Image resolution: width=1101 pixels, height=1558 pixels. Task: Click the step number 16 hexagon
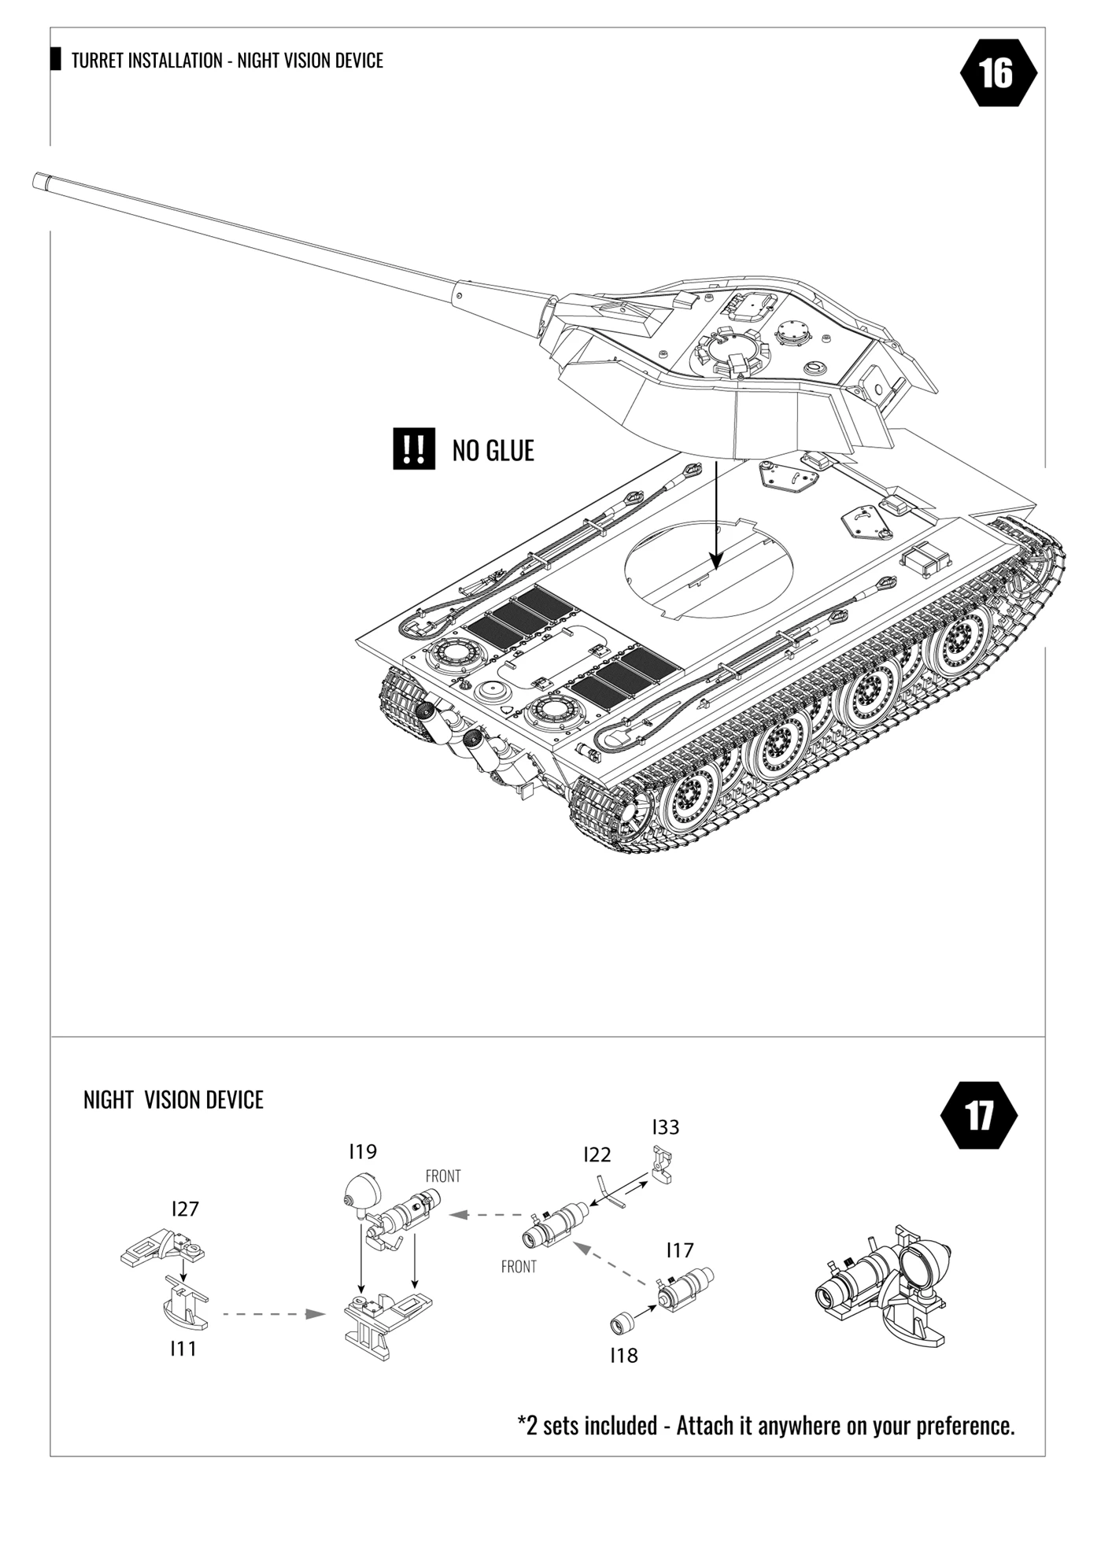[x=998, y=73]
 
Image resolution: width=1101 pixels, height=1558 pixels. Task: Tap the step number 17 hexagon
[x=979, y=1115]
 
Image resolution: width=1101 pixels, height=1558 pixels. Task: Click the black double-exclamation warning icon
[x=414, y=449]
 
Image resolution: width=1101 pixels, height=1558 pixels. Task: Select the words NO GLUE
[x=493, y=451]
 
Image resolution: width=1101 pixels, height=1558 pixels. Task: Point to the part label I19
[x=363, y=1152]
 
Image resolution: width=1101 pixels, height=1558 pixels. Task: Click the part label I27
[x=185, y=1209]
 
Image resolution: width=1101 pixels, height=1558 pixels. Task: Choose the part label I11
[x=183, y=1349]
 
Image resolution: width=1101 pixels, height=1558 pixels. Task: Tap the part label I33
[x=666, y=1128]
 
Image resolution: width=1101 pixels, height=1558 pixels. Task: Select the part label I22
[x=597, y=1155]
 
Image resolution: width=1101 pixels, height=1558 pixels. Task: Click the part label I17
[x=680, y=1250]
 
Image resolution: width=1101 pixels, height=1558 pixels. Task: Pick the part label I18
[x=624, y=1356]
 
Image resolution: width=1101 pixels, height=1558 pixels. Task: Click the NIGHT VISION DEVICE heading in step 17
[x=173, y=1100]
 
